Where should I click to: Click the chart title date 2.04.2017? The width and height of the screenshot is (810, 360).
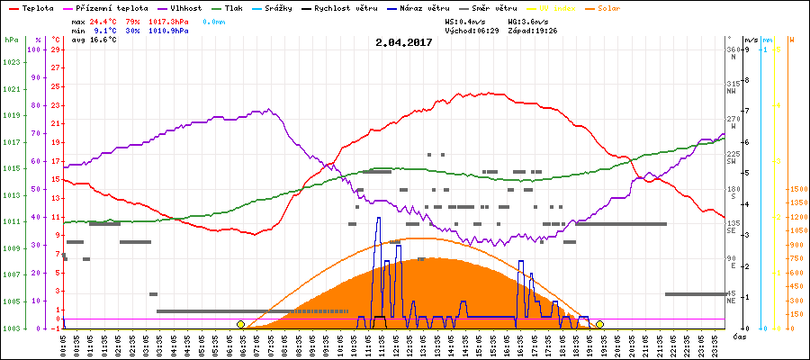coord(404,42)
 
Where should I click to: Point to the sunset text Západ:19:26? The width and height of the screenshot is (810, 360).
coord(534,30)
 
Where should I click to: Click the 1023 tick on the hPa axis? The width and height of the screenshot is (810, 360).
coord(11,62)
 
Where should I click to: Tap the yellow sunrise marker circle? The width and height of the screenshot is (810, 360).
coord(240,324)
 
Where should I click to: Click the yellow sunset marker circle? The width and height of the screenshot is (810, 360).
coord(599,324)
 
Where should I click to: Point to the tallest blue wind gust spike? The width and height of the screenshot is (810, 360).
coord(378,219)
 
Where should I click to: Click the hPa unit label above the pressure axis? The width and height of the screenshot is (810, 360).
coord(11,40)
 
